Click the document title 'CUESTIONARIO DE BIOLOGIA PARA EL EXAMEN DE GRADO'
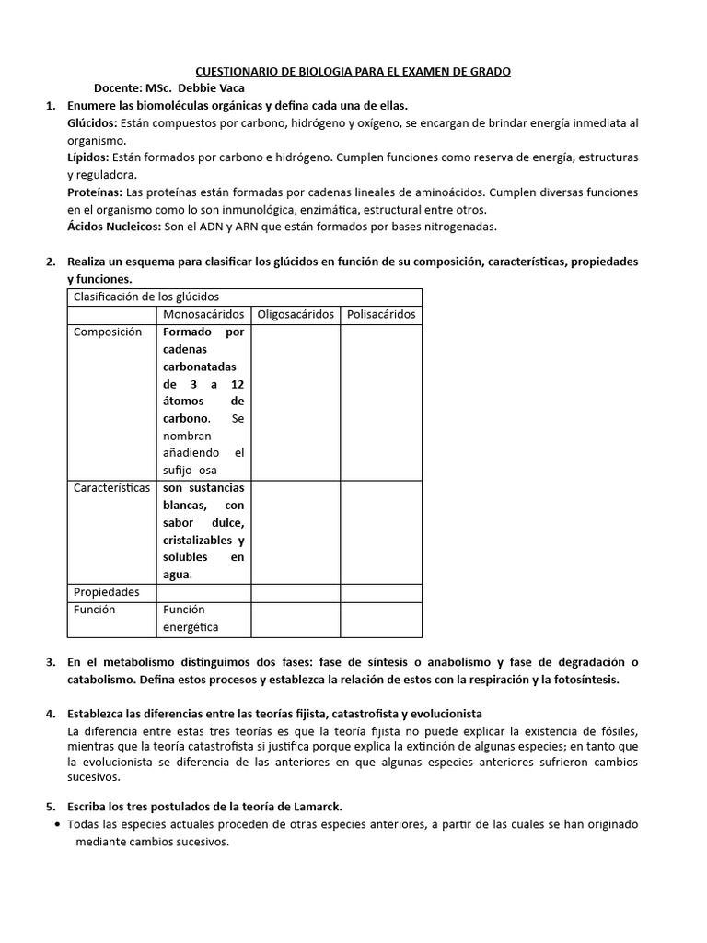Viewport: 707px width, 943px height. (x=353, y=71)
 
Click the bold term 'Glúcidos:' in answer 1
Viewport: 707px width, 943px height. (x=92, y=123)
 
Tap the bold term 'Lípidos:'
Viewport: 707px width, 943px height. (x=88, y=158)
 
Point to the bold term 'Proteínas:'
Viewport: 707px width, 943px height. (x=95, y=192)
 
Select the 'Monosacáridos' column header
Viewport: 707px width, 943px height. (x=203, y=314)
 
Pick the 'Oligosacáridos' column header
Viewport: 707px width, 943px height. (x=296, y=314)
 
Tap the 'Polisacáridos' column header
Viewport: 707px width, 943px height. (x=381, y=314)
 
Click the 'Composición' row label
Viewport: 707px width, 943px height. (x=108, y=332)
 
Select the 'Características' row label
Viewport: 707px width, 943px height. (x=111, y=488)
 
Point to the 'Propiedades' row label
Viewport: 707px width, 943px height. (x=107, y=592)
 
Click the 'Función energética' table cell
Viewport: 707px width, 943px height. (x=191, y=619)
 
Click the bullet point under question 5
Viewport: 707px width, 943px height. (x=59, y=824)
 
